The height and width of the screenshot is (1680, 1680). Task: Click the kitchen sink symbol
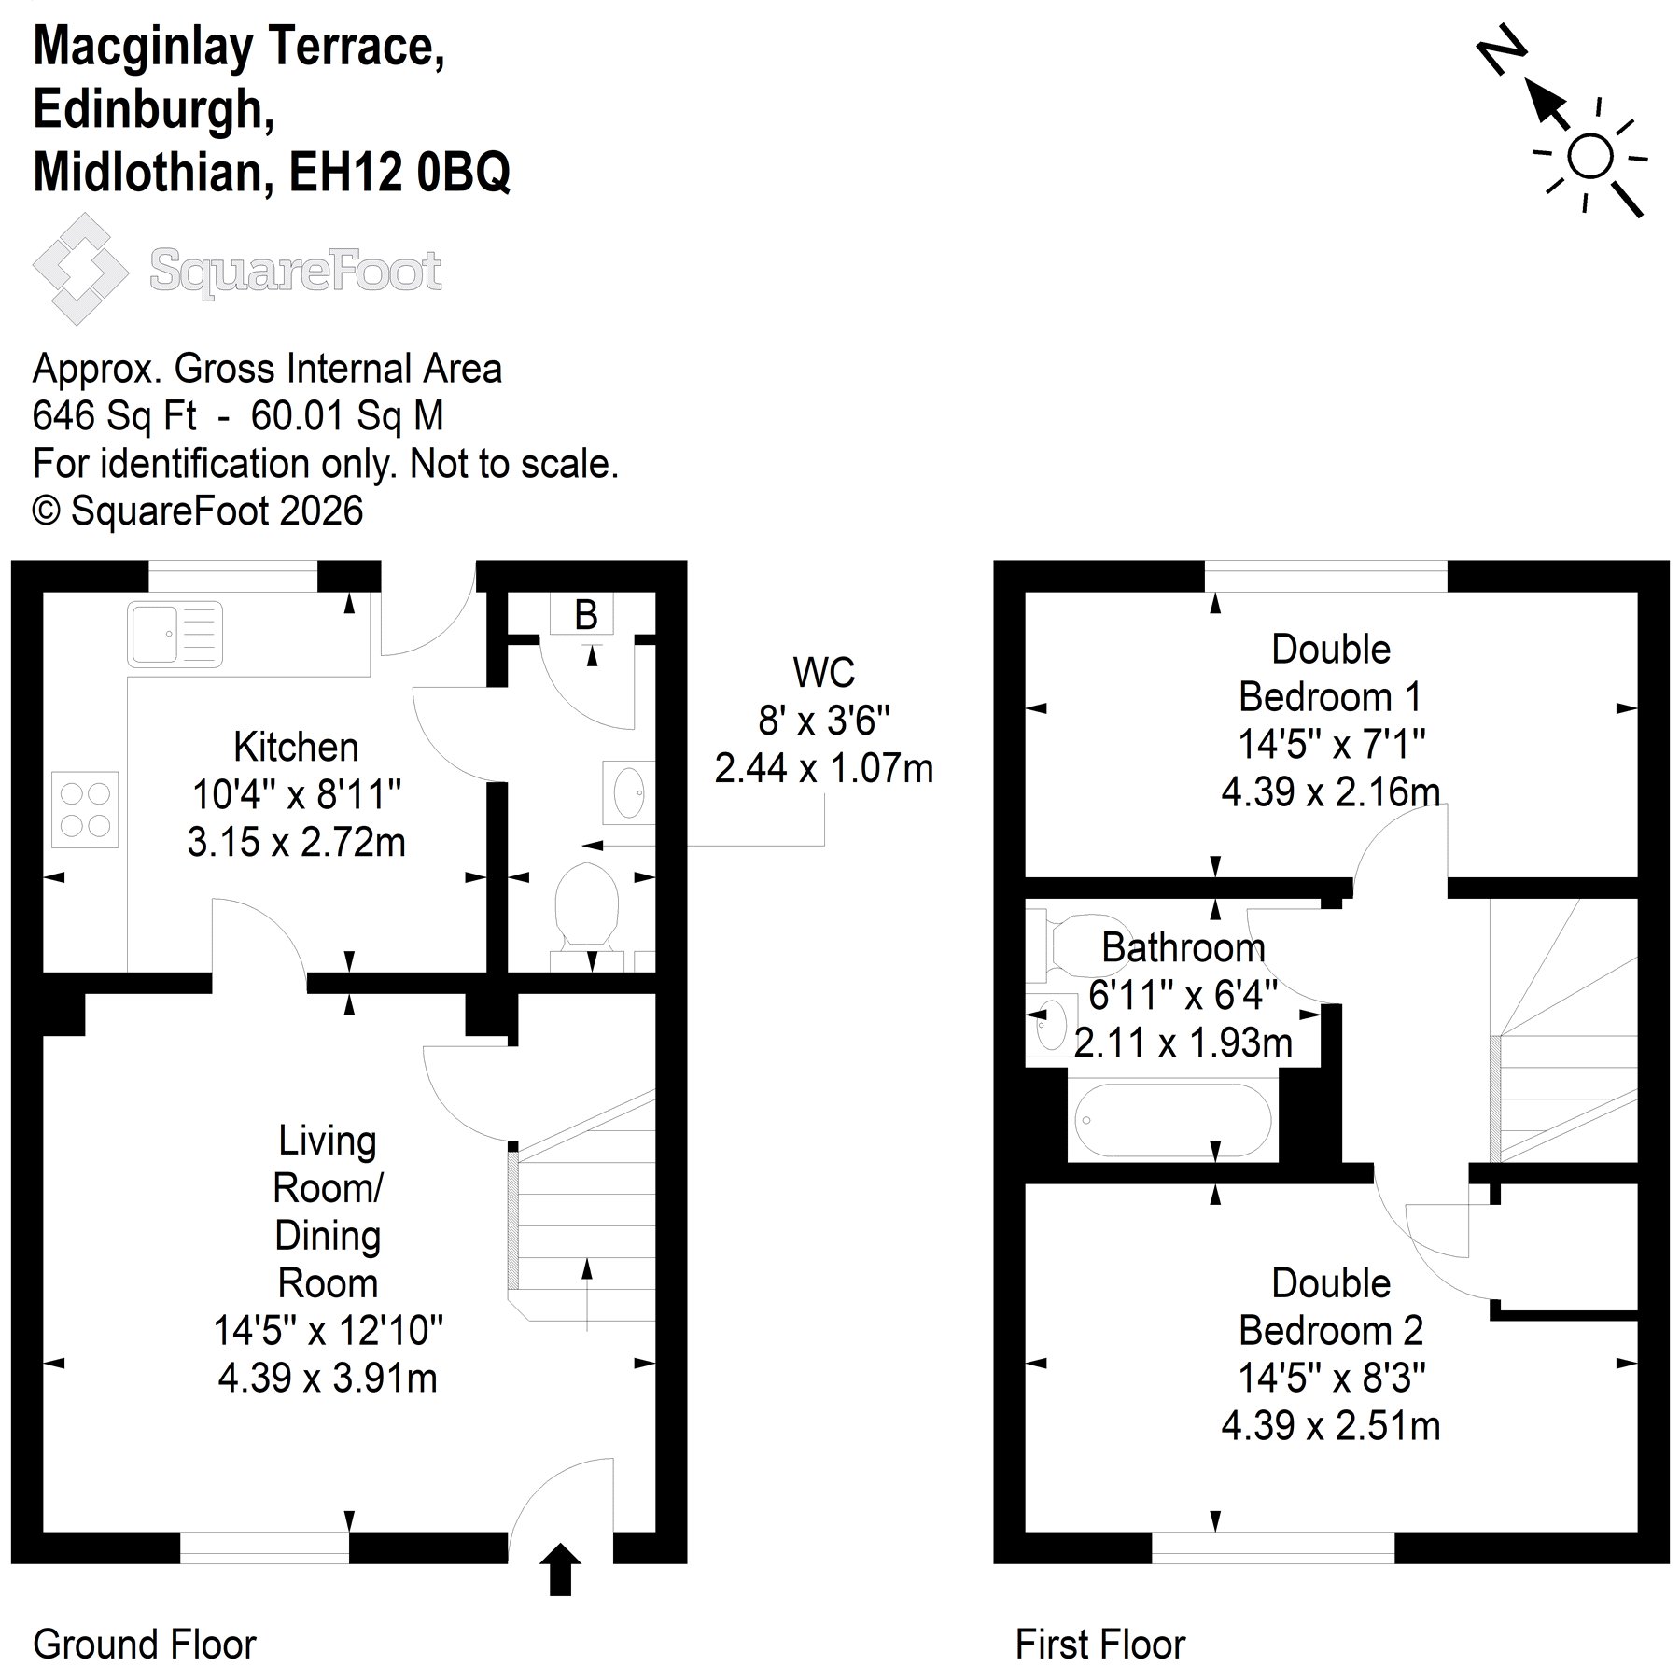(x=176, y=634)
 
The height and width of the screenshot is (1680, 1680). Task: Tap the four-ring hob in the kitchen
(x=85, y=809)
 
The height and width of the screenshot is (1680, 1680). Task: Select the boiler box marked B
(x=586, y=614)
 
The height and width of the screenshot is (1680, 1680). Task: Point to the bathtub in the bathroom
(x=1172, y=1120)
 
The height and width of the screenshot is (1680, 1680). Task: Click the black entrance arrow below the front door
(x=560, y=1569)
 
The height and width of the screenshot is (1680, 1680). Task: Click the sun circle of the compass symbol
(x=1589, y=156)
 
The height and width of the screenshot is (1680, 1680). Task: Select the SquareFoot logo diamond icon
(x=80, y=269)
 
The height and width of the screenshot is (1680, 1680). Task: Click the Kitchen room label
(x=296, y=747)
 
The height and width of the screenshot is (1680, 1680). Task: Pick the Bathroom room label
(x=1183, y=948)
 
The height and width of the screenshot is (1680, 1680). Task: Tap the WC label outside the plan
(x=823, y=672)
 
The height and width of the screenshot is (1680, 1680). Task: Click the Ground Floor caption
(x=145, y=1644)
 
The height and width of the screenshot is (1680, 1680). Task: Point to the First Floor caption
(x=1100, y=1644)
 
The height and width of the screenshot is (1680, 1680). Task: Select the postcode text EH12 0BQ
(x=399, y=173)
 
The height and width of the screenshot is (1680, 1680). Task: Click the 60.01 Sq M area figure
(x=347, y=415)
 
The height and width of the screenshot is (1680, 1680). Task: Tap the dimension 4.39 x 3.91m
(x=328, y=1378)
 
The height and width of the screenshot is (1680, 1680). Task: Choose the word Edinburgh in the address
(x=154, y=109)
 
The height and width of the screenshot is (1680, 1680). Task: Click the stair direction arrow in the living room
(x=586, y=1294)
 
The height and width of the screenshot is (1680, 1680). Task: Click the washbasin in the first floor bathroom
(x=1051, y=1025)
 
